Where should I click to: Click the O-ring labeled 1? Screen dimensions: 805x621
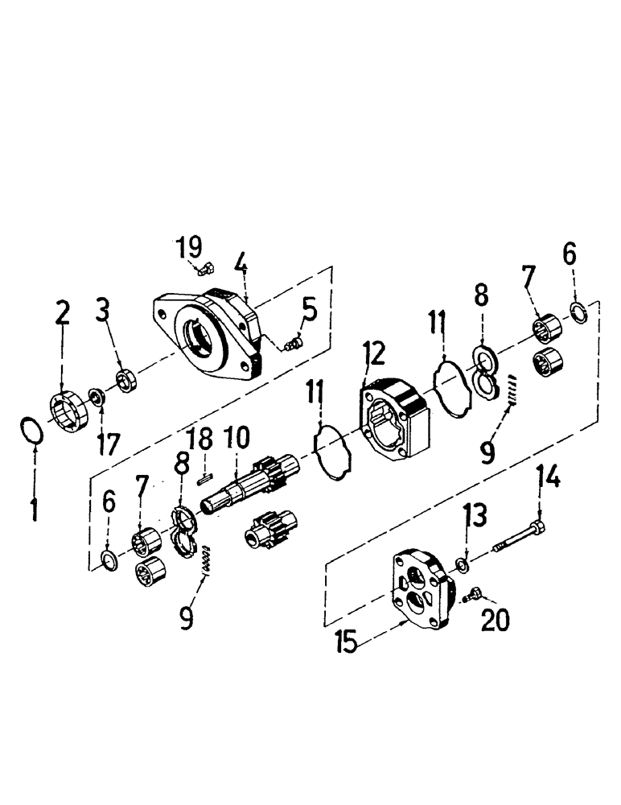[x=31, y=430]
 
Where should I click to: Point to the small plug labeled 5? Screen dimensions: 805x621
[x=293, y=345]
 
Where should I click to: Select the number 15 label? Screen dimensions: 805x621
[x=347, y=645]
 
